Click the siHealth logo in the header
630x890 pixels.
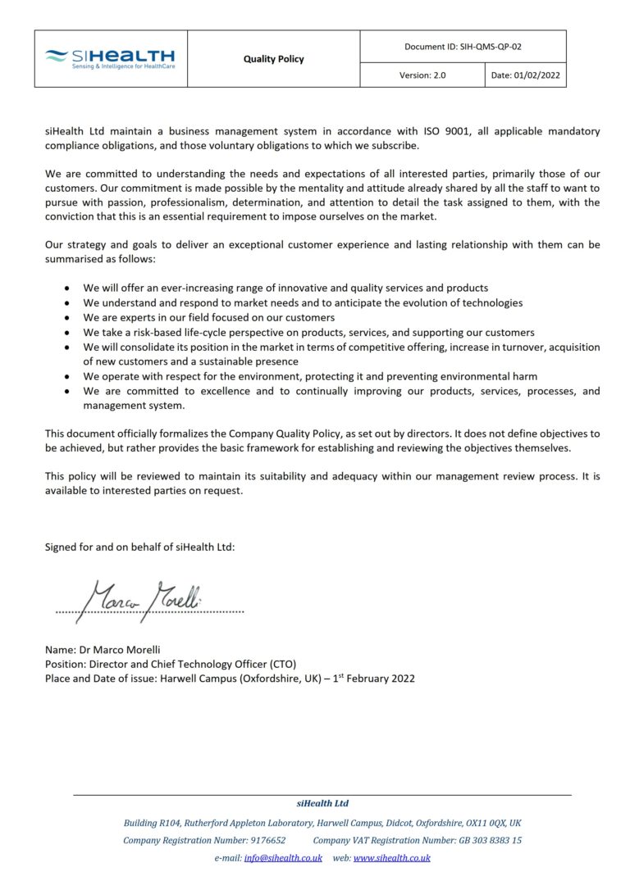[x=110, y=58]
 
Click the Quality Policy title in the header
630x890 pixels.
[x=273, y=59]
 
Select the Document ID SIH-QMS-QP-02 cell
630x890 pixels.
[x=463, y=47]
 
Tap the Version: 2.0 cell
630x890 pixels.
[x=422, y=75]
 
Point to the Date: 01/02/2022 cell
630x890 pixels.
[x=525, y=75]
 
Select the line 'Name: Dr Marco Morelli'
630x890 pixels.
[x=103, y=649]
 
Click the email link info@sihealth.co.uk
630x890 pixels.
[x=283, y=858]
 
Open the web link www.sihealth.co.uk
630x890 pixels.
[x=391, y=858]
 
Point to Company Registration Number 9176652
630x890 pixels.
[x=204, y=840]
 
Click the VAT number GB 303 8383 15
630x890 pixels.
[x=491, y=840]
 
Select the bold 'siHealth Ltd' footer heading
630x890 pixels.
[x=322, y=804]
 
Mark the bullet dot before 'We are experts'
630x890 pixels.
[x=66, y=318]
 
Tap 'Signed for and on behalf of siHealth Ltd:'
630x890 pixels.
[x=139, y=547]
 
